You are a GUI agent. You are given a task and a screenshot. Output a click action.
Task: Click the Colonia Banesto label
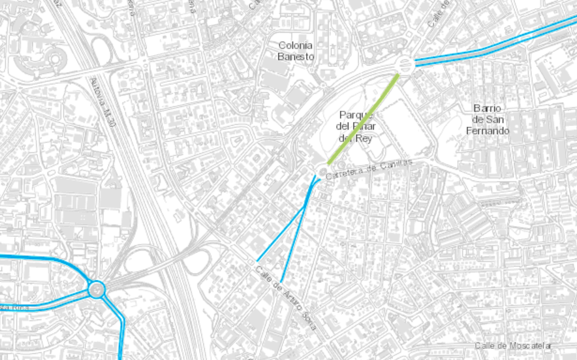[x=295, y=51]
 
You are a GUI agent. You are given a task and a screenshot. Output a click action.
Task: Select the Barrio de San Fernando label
[x=488, y=119]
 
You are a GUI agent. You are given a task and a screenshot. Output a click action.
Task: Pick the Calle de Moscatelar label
[x=513, y=346]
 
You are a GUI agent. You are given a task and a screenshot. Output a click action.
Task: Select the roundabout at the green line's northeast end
[x=405, y=64]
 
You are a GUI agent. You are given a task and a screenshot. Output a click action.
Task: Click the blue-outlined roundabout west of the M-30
[x=96, y=289]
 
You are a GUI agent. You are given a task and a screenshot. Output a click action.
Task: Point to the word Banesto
[x=295, y=56]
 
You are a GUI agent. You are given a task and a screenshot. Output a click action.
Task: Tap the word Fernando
[x=488, y=131]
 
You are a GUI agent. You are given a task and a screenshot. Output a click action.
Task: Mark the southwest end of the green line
[x=329, y=162]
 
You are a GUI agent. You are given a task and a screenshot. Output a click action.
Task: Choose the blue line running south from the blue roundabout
[x=121, y=332]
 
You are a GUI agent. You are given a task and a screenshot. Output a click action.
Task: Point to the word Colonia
[x=295, y=45]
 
